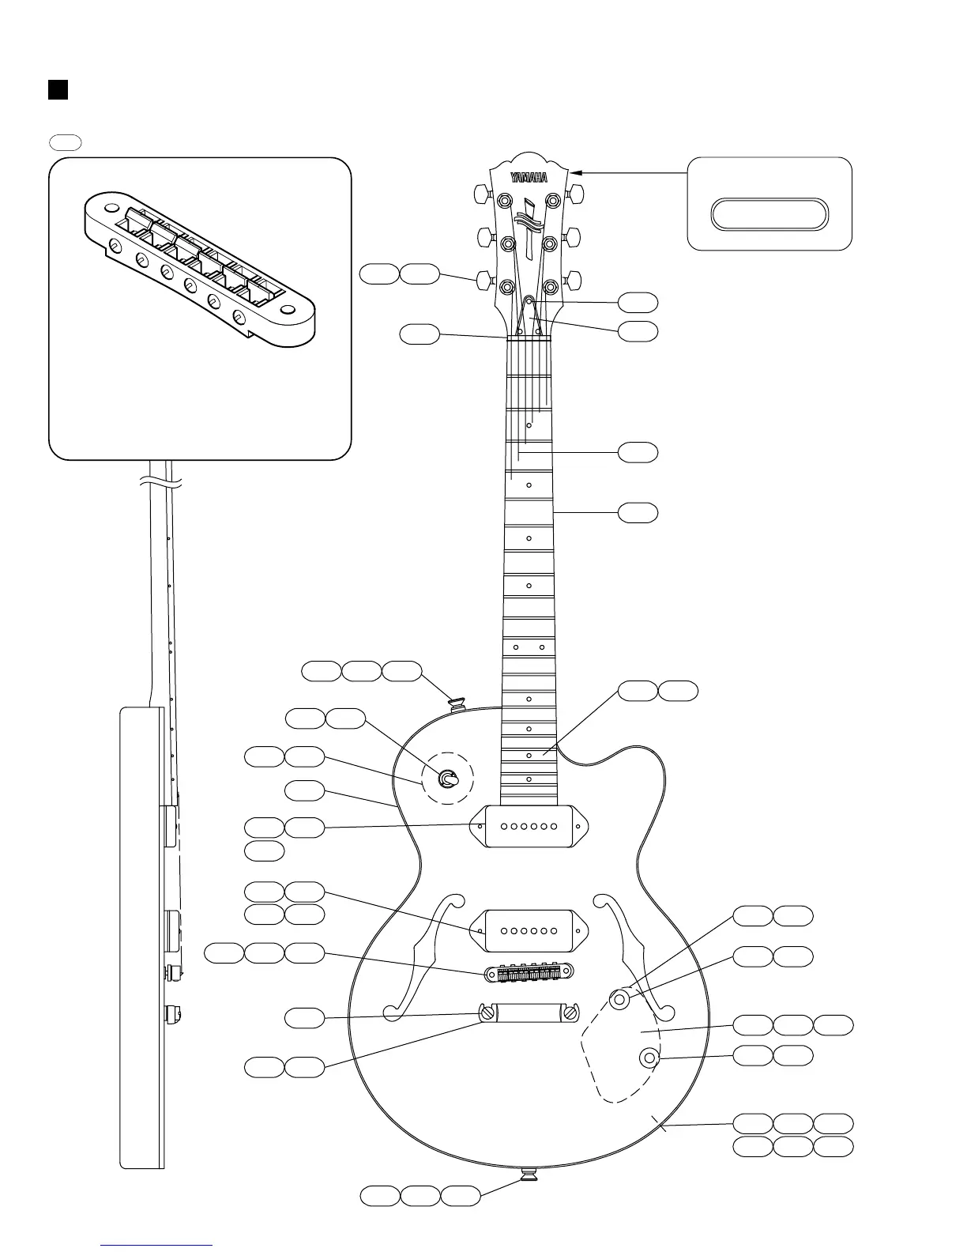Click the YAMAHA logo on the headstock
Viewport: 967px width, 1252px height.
529,178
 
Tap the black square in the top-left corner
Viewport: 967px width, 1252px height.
58,89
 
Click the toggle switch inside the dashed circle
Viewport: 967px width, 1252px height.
448,779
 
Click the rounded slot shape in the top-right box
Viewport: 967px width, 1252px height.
769,215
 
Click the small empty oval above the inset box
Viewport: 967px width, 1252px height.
66,142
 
